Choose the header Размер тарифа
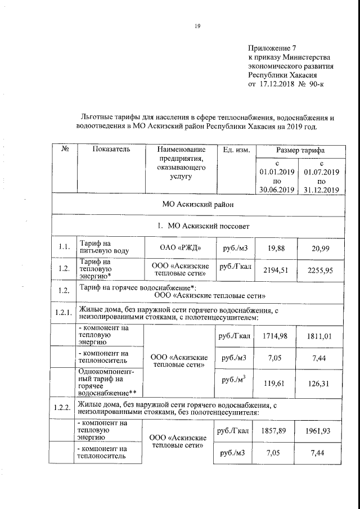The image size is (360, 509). click(x=299, y=150)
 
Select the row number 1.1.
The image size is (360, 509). click(x=64, y=246)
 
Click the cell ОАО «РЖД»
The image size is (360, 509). click(x=181, y=247)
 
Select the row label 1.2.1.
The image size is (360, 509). click(x=63, y=313)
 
